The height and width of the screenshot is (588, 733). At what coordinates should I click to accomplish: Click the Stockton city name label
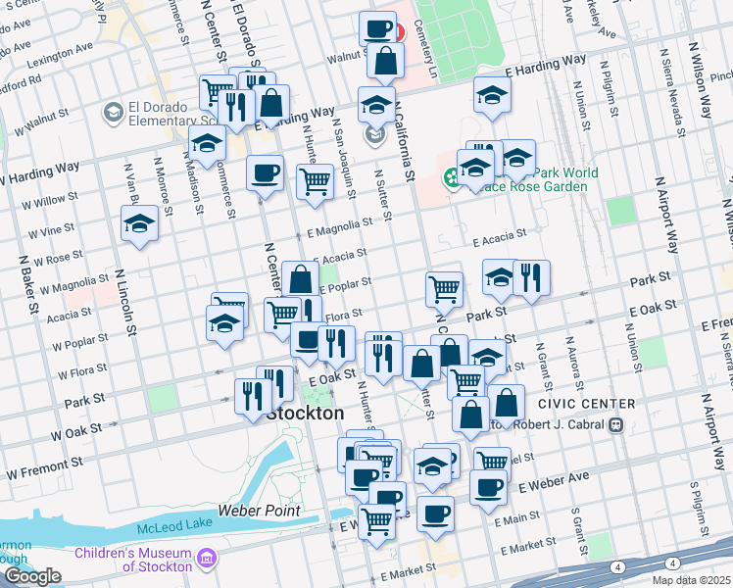[305, 414]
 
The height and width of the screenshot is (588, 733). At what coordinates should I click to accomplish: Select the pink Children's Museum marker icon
[207, 560]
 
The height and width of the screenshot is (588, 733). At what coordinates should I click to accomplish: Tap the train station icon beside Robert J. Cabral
[616, 424]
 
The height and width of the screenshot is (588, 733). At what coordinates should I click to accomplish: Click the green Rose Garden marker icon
[452, 177]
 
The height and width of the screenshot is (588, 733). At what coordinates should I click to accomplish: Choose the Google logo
[32, 576]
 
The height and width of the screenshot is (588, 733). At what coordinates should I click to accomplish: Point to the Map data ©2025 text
[690, 580]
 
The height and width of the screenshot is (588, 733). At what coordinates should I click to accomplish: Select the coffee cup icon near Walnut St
[377, 29]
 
